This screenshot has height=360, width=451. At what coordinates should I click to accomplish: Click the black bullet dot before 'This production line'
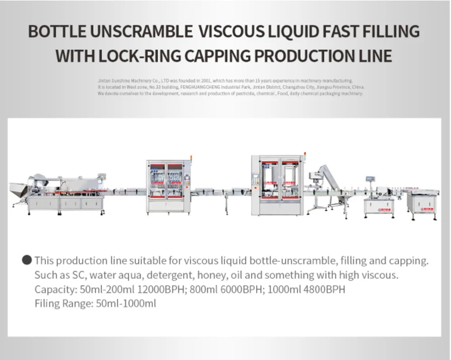point(27,260)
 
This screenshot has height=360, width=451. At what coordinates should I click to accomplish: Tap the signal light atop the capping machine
point(305,156)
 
